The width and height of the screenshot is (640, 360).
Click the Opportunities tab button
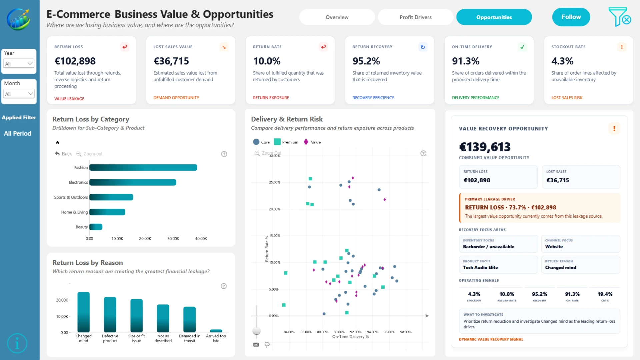[494, 17]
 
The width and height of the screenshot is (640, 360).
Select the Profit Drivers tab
[415, 17]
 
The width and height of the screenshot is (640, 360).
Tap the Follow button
[571, 17]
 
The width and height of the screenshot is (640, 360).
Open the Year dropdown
[19, 63]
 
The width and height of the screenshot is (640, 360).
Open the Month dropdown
[19, 94]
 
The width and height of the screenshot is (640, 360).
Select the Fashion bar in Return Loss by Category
[143, 167]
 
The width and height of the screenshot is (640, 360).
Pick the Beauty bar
[96, 227]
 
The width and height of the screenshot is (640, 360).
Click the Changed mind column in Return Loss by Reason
[84, 312]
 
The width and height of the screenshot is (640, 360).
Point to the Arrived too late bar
[216, 331]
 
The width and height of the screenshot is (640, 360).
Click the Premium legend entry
[286, 142]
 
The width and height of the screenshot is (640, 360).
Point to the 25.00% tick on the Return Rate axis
[275, 182]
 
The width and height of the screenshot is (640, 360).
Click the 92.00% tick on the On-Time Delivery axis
[356, 332]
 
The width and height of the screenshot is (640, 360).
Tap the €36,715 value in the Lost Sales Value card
[171, 61]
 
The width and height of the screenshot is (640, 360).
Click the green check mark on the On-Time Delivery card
[522, 47]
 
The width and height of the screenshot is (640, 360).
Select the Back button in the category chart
[63, 154]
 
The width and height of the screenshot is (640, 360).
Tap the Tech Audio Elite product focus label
[480, 267]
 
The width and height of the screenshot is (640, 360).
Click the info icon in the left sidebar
[17, 343]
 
